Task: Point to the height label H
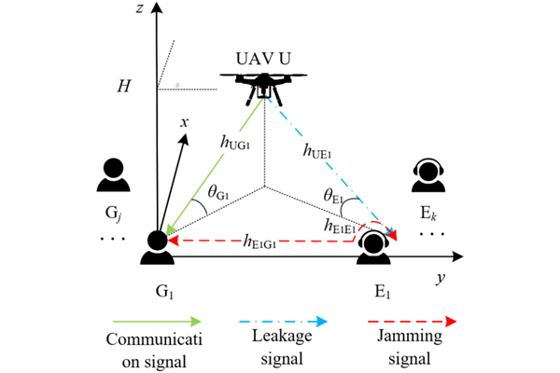pos(122,87)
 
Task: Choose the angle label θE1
pos(335,197)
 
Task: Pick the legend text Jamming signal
pos(411,348)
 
